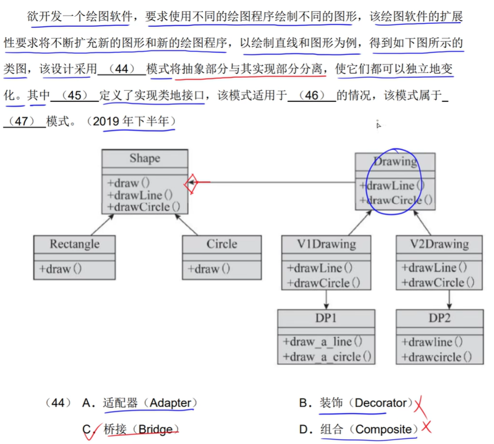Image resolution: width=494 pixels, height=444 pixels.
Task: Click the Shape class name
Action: (x=144, y=158)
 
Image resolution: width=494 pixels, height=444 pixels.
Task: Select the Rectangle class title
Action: (x=75, y=244)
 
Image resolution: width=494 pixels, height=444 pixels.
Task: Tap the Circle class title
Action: (x=222, y=244)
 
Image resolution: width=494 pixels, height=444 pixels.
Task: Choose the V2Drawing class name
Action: (x=439, y=244)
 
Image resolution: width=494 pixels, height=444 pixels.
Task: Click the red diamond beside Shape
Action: (x=192, y=183)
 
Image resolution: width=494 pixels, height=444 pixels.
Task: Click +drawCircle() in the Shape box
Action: (x=144, y=207)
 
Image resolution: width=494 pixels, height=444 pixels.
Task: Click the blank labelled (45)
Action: (x=75, y=95)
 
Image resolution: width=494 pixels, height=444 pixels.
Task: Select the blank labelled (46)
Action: (x=312, y=95)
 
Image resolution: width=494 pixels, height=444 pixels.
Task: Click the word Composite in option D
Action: (x=386, y=430)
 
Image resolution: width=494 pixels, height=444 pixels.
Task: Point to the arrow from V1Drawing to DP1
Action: (x=326, y=299)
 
